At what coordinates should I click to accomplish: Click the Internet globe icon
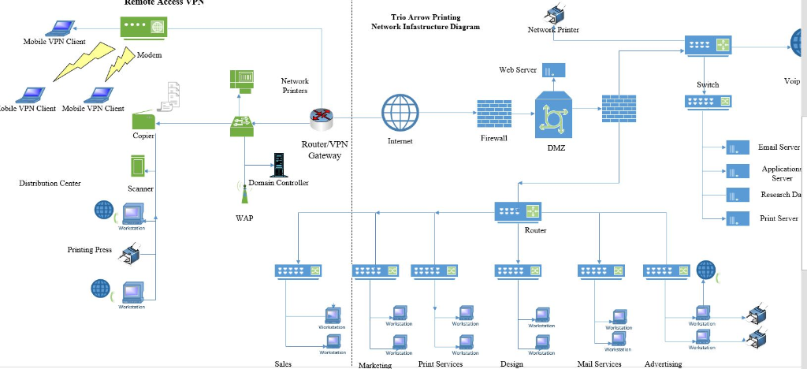pos(400,114)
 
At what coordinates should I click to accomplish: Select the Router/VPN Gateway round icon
pos(322,118)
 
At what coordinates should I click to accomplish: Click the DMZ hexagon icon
pos(552,116)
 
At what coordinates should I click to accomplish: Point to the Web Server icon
pos(553,70)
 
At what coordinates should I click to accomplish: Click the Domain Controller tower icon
pos(277,165)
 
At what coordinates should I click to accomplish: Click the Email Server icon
pos(738,147)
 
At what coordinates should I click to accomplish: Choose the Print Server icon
pos(738,219)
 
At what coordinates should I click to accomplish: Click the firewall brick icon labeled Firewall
pos(494,114)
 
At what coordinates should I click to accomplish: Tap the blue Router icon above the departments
pos(519,211)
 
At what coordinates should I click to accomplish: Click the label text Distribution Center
pos(50,183)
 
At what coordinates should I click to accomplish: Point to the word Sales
pos(283,364)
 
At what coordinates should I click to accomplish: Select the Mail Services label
pos(599,364)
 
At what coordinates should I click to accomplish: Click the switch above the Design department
pos(519,270)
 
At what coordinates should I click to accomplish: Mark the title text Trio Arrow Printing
pos(426,17)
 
